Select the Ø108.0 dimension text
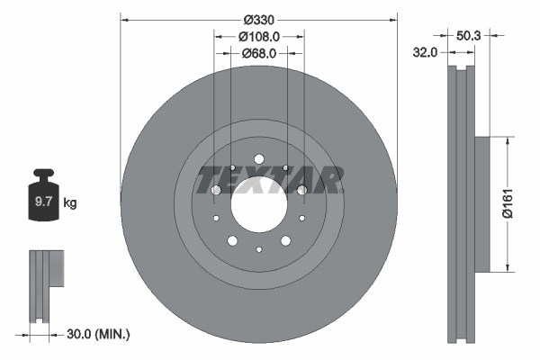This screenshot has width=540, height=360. click(x=259, y=36)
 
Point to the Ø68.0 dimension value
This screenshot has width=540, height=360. click(x=259, y=54)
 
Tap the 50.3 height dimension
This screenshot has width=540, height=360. click(x=469, y=36)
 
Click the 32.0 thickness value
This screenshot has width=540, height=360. click(x=426, y=53)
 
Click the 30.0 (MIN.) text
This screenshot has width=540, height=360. click(x=99, y=335)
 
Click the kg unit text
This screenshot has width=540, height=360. click(x=70, y=203)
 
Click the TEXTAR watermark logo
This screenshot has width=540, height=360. click(x=270, y=179)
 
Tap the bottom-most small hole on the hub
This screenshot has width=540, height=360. click(x=258, y=249)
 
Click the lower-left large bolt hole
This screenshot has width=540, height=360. click(x=232, y=240)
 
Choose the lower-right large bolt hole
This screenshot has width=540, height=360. click(x=285, y=240)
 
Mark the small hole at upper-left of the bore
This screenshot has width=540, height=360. click(x=231, y=167)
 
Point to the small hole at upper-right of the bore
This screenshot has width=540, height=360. click(x=286, y=167)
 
